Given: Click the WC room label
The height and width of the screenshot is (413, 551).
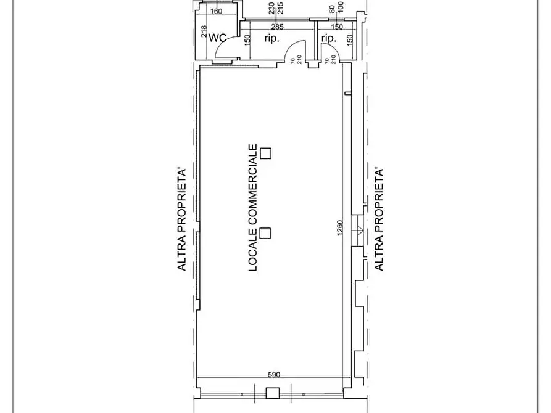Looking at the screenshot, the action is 218,38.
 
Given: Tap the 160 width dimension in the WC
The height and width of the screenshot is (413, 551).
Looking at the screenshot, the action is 216,11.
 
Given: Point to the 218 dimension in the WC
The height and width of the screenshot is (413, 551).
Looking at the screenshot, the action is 204,31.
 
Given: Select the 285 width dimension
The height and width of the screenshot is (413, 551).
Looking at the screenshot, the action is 277,27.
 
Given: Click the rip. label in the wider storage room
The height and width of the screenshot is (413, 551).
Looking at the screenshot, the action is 271,38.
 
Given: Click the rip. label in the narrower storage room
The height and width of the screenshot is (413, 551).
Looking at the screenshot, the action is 329,38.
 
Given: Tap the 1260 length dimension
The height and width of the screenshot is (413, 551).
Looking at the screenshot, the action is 340,228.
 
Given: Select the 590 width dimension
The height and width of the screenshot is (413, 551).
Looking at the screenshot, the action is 274,374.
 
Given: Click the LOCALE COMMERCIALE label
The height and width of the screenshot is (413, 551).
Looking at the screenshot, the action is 253,208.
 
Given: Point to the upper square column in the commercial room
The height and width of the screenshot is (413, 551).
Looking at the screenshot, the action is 266,153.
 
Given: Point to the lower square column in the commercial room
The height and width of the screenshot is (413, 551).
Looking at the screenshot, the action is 265,233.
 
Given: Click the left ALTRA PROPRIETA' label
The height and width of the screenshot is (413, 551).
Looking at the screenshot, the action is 181,220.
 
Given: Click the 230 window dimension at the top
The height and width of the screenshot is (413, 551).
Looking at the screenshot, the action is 271,9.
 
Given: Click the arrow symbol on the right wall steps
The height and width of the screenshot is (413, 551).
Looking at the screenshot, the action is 360,231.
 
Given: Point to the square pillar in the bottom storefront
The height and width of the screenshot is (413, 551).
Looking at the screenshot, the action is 272,393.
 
